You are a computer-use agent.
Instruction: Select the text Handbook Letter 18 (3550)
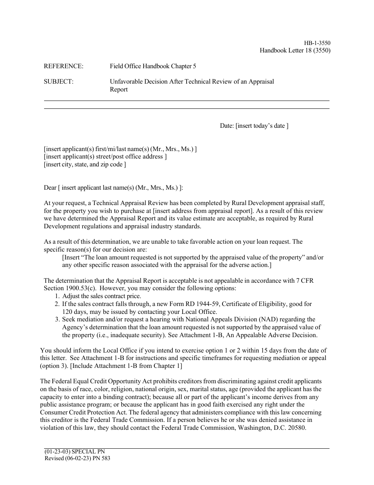[x=295, y=50]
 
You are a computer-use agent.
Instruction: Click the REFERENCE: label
[x=63, y=66]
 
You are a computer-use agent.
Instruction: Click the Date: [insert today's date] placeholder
[x=254, y=126]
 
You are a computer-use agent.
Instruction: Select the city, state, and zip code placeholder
[x=85, y=164]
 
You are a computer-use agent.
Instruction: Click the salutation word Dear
[x=50, y=188]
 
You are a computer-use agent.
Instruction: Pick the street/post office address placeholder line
[x=105, y=157]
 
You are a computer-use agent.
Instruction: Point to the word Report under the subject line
[x=118, y=90]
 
